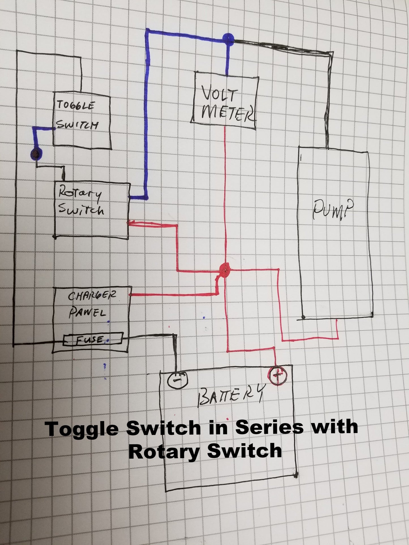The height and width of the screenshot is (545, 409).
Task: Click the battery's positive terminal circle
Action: (x=277, y=376)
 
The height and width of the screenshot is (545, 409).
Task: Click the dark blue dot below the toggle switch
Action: (x=36, y=154)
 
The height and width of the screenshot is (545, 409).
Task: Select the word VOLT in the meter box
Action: (x=219, y=95)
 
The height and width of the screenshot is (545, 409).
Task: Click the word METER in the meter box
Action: (x=226, y=114)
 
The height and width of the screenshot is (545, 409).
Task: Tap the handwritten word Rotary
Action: (x=80, y=195)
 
